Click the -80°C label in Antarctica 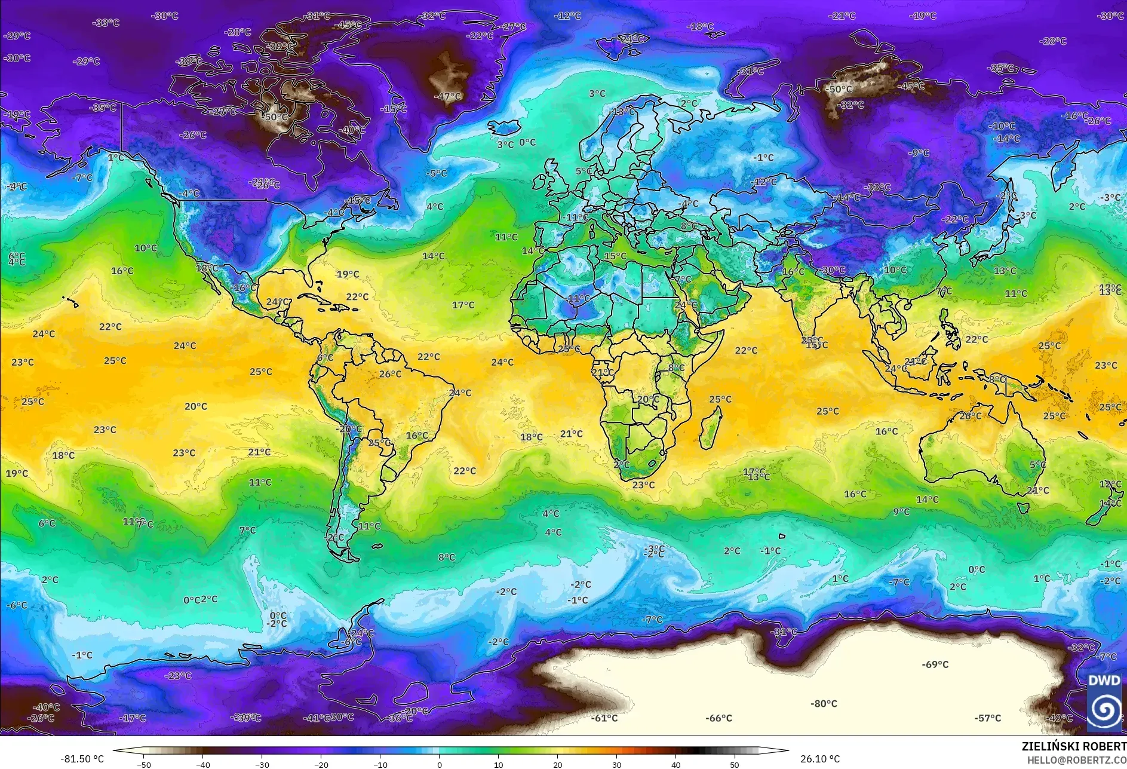click(824, 704)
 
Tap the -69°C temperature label click(935, 664)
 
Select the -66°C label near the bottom click(718, 718)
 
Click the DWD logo click(1104, 702)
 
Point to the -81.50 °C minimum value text click(82, 759)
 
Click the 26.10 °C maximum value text click(820, 759)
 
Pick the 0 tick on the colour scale click(440, 764)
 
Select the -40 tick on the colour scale click(203, 764)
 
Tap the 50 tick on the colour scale click(734, 764)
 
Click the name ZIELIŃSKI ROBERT click(1073, 746)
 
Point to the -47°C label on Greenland click(447, 96)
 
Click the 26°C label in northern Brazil click(390, 374)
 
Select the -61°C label click(604, 718)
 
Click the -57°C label click(987, 718)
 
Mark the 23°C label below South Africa click(643, 485)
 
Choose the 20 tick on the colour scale click(557, 764)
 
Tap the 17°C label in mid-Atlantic click(463, 305)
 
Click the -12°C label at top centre click(567, 16)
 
